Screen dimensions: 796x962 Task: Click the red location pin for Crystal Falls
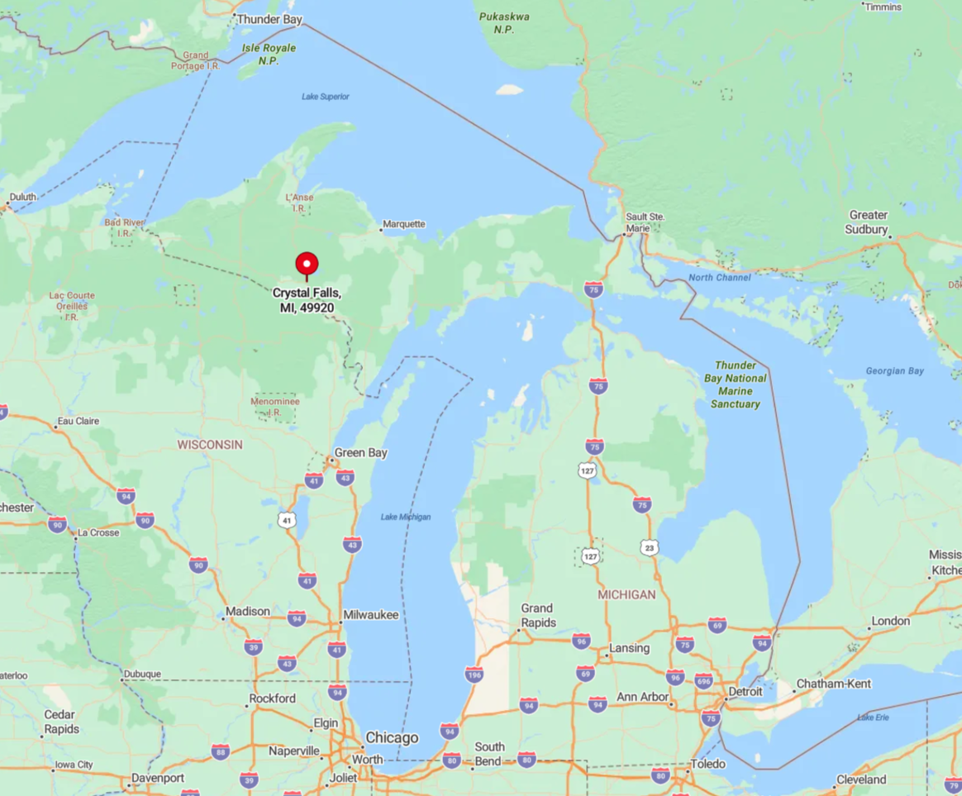pos(307,265)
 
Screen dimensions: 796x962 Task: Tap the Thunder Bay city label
pos(269,19)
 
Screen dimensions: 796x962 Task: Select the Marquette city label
pos(403,224)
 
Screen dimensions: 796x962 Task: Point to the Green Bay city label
pos(360,453)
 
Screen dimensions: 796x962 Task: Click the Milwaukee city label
pos(372,615)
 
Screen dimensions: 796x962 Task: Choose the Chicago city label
pos(392,737)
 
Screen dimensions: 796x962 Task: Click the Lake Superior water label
pos(325,97)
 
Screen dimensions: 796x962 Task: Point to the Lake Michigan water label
pos(405,517)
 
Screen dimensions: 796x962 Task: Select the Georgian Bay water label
pos(894,371)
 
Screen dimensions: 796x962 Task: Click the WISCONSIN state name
pos(210,445)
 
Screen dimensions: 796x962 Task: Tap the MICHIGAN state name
pos(626,594)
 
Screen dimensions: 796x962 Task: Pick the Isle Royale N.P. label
pos(269,55)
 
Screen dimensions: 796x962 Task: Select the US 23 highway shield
pos(650,547)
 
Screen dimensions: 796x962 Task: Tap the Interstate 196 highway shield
pos(474,674)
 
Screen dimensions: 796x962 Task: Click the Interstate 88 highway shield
pos(220,751)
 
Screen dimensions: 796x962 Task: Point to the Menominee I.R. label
pos(275,407)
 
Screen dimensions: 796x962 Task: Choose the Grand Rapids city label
pos(538,615)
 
